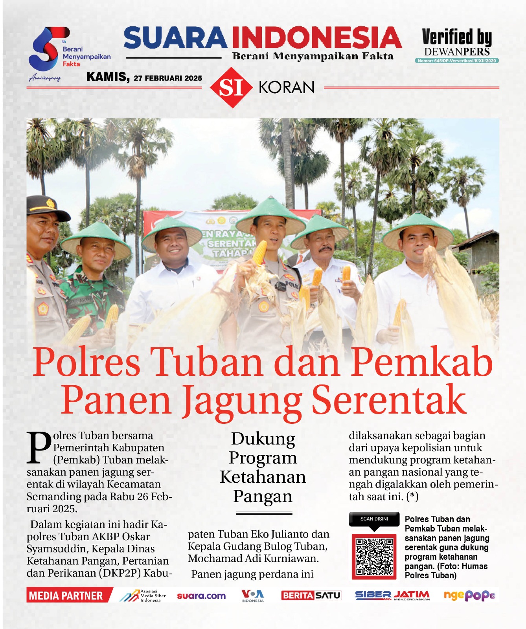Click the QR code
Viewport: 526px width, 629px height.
pyautogui.click(x=374, y=556)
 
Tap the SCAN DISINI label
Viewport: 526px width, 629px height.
pyautogui.click(x=374, y=519)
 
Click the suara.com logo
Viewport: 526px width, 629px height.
pyautogui.click(x=201, y=596)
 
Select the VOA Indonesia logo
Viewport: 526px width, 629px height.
pyautogui.click(x=252, y=596)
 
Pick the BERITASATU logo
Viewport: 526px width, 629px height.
pyautogui.click(x=311, y=596)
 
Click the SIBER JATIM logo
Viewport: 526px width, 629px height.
pyautogui.click(x=392, y=596)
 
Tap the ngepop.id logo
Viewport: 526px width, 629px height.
pyautogui.click(x=469, y=596)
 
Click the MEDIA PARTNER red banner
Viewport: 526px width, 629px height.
pyautogui.click(x=66, y=596)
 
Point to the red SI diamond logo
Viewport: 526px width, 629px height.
pyautogui.click(x=231, y=88)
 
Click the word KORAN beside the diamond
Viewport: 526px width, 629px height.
pyautogui.click(x=287, y=88)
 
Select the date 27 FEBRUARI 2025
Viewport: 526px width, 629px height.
pyautogui.click(x=168, y=78)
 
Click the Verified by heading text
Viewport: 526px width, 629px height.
pyautogui.click(x=457, y=37)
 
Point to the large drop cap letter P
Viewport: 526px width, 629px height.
pyautogui.click(x=39, y=447)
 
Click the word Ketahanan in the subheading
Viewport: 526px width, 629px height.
pyautogui.click(x=263, y=477)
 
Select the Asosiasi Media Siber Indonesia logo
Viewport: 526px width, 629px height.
pyautogui.click(x=143, y=596)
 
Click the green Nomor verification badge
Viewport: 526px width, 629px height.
pyautogui.click(x=456, y=61)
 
